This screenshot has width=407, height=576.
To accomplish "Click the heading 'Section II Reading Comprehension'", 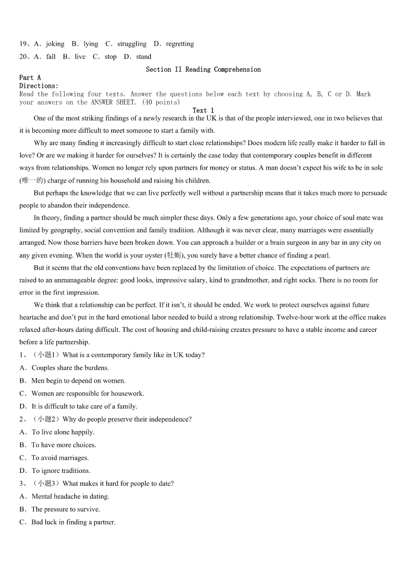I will [203, 69].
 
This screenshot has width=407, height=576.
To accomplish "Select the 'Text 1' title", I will [203, 110].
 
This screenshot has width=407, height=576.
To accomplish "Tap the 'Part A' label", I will [30, 78].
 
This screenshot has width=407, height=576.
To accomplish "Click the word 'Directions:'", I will [39, 86].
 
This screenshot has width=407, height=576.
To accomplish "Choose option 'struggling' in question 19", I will [132, 44].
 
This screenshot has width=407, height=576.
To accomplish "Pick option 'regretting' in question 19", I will [179, 44].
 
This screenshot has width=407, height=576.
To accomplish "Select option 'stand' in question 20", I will [144, 57].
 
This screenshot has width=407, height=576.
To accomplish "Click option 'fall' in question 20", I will [51, 57].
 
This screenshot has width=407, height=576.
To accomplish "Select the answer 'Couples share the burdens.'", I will [70, 368].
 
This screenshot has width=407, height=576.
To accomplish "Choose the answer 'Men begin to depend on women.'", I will [78, 381].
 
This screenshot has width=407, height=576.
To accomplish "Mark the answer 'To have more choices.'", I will [64, 445].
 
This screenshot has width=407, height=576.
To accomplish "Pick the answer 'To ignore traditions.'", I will [60, 470].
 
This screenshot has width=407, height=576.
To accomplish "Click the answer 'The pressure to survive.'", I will [66, 509].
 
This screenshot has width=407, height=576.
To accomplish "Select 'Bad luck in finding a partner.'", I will [73, 522].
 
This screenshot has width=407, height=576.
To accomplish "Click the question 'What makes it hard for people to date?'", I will [118, 483].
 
